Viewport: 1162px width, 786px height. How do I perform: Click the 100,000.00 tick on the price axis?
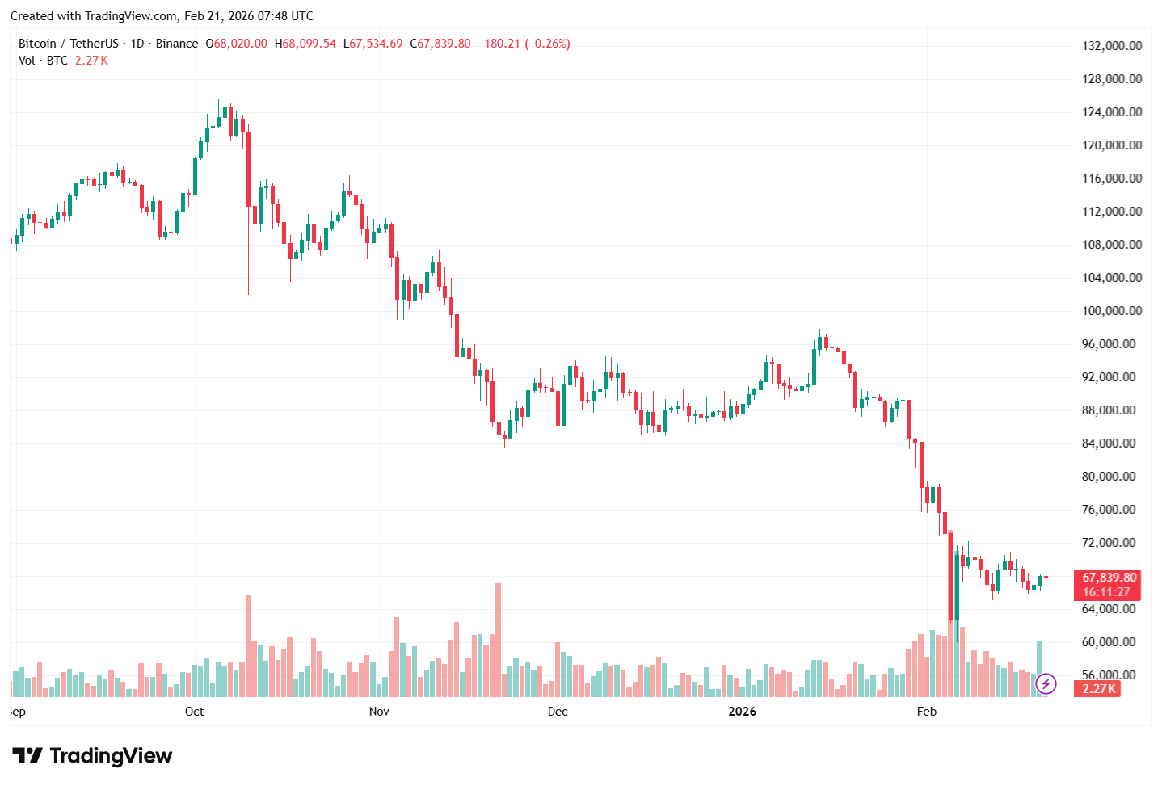(1112, 311)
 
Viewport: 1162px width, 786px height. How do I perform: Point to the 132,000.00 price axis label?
(1112, 46)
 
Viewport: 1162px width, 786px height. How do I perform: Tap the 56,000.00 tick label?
(1112, 675)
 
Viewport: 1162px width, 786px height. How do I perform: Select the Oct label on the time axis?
(195, 712)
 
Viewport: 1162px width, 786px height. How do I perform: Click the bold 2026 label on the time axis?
(742, 712)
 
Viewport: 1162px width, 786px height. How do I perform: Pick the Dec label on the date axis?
(558, 712)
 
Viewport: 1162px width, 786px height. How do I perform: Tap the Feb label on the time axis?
(927, 712)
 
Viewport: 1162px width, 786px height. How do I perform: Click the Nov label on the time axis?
(379, 712)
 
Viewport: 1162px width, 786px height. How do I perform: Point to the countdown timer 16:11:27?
(1106, 592)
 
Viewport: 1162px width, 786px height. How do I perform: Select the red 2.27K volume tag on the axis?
(1098, 689)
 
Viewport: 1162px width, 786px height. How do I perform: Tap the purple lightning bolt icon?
(1046, 684)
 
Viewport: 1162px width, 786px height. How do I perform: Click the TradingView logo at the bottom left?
(92, 756)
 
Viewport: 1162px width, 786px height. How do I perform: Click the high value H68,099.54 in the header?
(305, 44)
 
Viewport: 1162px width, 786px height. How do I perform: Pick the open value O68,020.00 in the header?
(236, 44)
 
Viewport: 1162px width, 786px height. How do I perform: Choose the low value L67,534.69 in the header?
(373, 44)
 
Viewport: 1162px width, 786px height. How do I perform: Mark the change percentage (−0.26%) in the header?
(548, 44)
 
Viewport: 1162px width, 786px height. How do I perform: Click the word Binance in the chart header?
(177, 44)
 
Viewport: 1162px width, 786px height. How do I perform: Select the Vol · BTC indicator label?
(43, 61)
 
